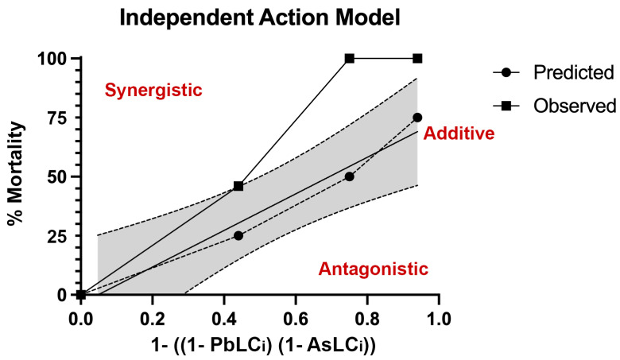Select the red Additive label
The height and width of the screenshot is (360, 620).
[459, 134]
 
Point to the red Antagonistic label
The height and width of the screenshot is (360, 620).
[373, 269]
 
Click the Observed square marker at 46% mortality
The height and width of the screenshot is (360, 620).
[238, 186]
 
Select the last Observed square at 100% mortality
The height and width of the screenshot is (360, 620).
[417, 58]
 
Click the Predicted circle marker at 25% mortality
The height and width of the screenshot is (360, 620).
[238, 236]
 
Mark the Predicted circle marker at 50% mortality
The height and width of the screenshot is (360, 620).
[349, 176]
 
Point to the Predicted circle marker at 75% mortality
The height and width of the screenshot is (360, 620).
[417, 118]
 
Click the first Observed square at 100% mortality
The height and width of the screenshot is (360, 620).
[349, 58]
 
